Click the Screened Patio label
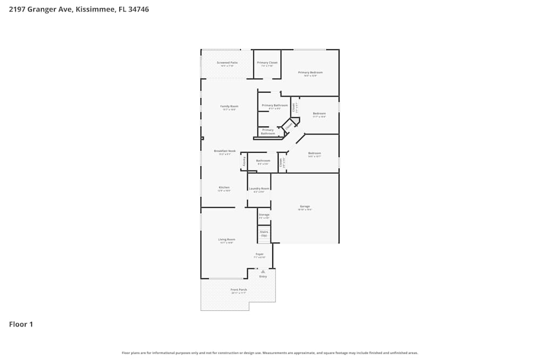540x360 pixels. pos(227,63)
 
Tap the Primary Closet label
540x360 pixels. pos(267,63)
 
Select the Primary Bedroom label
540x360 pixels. pos(310,72)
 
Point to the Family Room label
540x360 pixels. pos(229,106)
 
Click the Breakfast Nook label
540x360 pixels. pos(225,151)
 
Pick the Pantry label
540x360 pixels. pos(244,161)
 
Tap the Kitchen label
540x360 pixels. pos(224,188)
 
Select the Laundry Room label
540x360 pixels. pos(259,189)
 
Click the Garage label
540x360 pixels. pos(305,206)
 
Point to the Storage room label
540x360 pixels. pos(264,215)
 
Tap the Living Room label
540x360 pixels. pos(226,240)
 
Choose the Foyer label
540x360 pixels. pos(260,254)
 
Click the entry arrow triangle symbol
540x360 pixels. pos(262,272)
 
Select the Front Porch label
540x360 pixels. pos(239,290)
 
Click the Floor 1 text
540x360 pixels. pos(21,324)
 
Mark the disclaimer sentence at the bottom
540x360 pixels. pos(269,352)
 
